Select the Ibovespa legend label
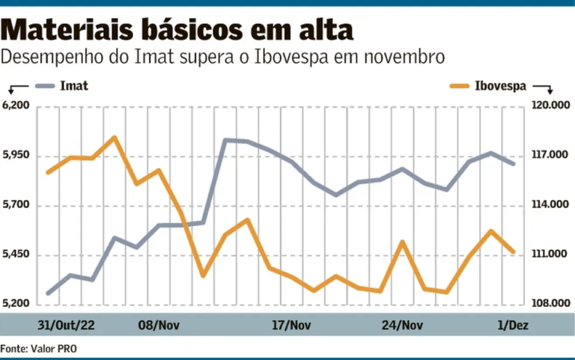[500, 85]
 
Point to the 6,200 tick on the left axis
[16, 106]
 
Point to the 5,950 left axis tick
[16, 156]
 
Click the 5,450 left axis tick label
[16, 255]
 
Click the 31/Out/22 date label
[67, 325]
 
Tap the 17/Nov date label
[291, 325]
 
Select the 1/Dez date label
[512, 325]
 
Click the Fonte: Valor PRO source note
[38, 349]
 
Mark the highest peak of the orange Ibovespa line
[114, 138]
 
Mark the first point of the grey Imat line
[48, 293]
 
